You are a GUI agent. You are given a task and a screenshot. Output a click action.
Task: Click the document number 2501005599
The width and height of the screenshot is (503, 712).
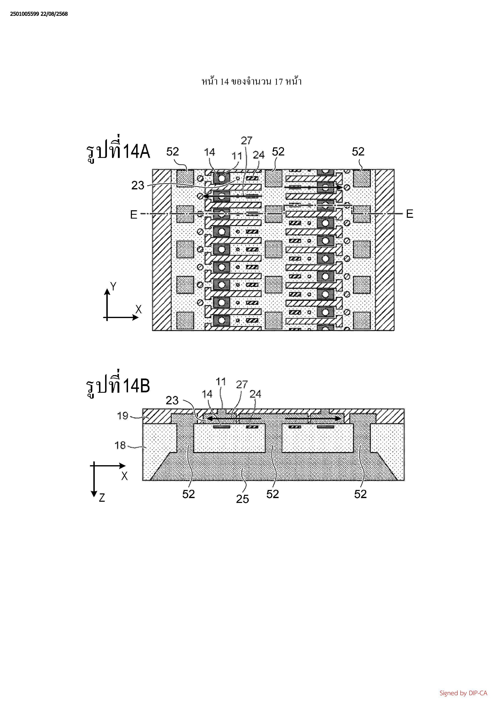[x=25, y=14]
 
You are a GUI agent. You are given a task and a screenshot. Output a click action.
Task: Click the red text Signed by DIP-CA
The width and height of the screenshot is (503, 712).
[x=463, y=693]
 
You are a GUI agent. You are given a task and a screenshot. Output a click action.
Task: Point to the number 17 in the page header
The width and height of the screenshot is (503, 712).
[x=279, y=82]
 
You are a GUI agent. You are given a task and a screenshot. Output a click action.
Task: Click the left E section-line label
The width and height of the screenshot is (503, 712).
[x=134, y=214]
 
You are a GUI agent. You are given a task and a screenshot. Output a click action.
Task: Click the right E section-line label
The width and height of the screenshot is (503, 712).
[x=409, y=214]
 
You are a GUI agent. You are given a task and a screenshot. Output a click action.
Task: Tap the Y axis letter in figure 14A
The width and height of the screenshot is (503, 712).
[x=114, y=287]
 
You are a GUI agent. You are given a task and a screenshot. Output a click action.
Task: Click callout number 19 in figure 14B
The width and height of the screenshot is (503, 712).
[x=123, y=415]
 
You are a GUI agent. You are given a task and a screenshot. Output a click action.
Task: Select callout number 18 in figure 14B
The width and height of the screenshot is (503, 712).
[x=120, y=445]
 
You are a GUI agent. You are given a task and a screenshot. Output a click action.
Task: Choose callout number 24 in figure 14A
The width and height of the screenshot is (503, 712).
[x=259, y=154]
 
